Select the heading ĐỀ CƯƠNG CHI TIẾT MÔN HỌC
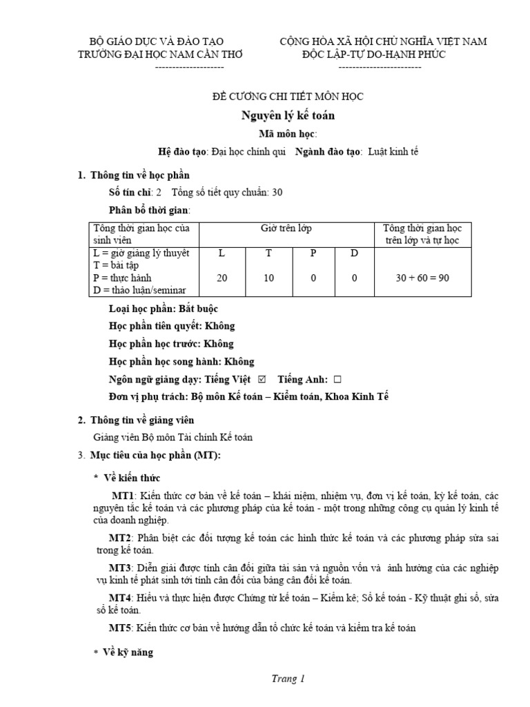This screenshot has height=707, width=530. pyautogui.click(x=286, y=97)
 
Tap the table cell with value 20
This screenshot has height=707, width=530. pyautogui.click(x=222, y=278)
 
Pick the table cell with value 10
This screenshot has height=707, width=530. pyautogui.click(x=268, y=278)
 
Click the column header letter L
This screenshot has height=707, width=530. pyautogui.click(x=222, y=253)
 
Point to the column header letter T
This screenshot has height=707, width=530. pyautogui.click(x=268, y=253)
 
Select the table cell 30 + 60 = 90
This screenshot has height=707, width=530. pyautogui.click(x=422, y=278)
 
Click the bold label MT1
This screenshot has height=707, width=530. pyautogui.click(x=125, y=496)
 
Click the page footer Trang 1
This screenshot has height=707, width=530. pyautogui.click(x=287, y=679)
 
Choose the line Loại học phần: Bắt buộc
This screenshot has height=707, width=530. pyautogui.click(x=164, y=309)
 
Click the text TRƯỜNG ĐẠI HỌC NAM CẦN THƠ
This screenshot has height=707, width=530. pyautogui.click(x=161, y=55)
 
